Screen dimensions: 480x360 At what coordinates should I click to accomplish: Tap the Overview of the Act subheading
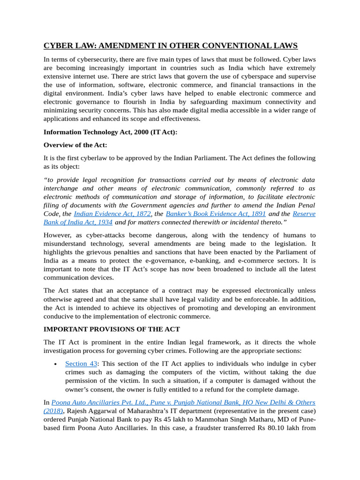tap(75, 145)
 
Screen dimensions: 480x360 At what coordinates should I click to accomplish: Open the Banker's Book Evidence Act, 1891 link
tap(216, 214)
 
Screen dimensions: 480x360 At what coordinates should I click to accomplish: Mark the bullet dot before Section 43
tap(56, 364)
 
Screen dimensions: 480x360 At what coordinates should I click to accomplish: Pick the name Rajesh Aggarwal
tap(91, 411)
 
